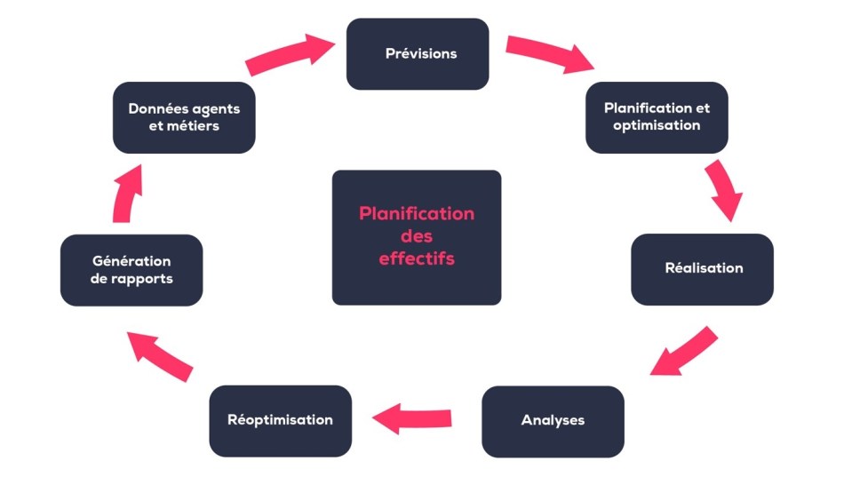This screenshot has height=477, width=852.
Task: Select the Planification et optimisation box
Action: coord(657,117)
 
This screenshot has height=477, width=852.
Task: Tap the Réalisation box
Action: coord(702,268)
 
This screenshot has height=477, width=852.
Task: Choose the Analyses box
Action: coord(553,420)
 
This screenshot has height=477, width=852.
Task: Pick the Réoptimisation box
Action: coord(280,420)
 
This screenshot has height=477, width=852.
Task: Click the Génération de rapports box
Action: coord(131,270)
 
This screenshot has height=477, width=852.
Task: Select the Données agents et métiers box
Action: coord(184,117)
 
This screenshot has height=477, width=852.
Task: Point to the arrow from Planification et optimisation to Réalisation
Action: coord(723,190)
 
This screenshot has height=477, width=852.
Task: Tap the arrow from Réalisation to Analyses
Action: coord(683,350)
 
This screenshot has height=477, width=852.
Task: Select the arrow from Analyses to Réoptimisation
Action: coord(411,417)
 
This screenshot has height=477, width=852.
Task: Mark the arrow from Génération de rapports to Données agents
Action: coord(125,193)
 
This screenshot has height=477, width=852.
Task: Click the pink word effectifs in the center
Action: coord(417,259)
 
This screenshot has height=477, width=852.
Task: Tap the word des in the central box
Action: coord(417,237)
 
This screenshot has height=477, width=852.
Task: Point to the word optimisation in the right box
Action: coord(657,125)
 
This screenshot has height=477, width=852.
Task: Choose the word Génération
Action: coord(131,261)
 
